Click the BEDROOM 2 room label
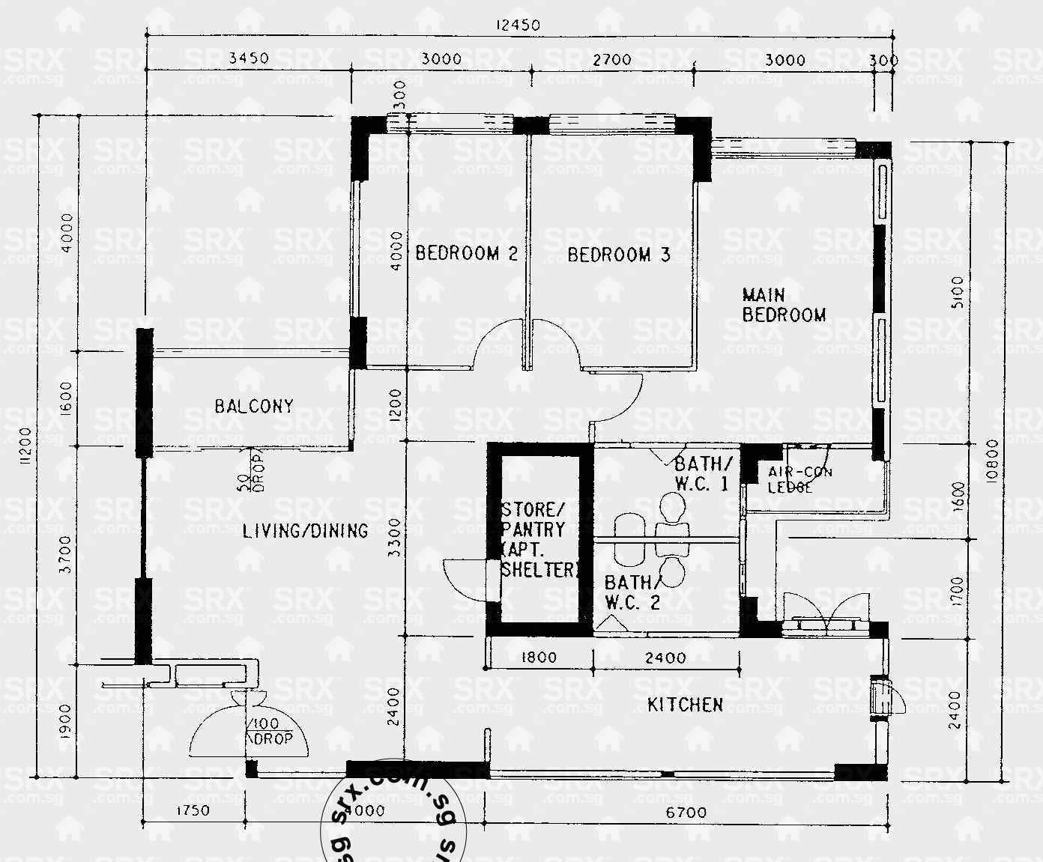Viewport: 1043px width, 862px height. [x=466, y=253]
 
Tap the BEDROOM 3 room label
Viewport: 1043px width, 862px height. [x=618, y=255]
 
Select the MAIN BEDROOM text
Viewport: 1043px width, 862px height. [x=784, y=305]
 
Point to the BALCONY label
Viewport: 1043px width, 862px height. [x=254, y=406]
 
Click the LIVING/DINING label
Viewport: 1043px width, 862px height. [x=305, y=531]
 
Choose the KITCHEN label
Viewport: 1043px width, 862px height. [x=685, y=705]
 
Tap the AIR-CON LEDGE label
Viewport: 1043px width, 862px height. [x=799, y=479]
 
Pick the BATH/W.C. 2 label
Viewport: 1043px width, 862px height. [x=633, y=592]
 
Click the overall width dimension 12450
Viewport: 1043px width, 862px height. [x=517, y=25]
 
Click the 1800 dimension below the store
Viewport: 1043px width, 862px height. [x=538, y=658]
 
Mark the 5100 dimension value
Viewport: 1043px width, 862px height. [x=956, y=292]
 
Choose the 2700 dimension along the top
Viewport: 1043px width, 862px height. [x=611, y=60]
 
